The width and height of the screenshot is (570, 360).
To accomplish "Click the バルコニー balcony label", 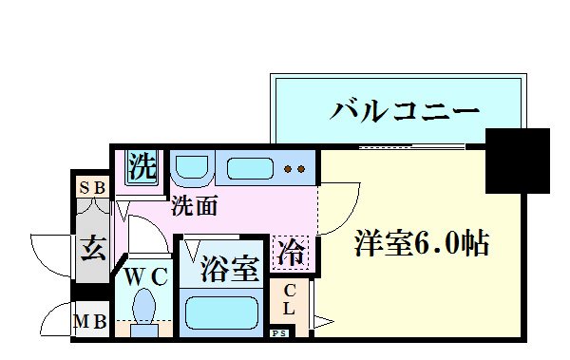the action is [x=404, y=111].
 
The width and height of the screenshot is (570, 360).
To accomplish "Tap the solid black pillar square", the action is [x=517, y=160].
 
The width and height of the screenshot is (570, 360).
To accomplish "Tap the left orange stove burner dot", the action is [x=288, y=170].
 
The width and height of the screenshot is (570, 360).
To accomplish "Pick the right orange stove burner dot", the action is [x=300, y=170].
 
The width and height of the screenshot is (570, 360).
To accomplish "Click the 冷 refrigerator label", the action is [x=291, y=253].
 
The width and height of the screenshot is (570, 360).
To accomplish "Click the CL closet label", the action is [x=289, y=300].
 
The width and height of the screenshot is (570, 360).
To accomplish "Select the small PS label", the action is [x=280, y=333].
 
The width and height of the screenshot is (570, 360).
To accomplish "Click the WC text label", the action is [x=146, y=276].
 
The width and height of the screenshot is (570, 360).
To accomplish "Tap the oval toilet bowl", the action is [x=146, y=307].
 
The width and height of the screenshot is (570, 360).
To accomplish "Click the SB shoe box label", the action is [x=92, y=187].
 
